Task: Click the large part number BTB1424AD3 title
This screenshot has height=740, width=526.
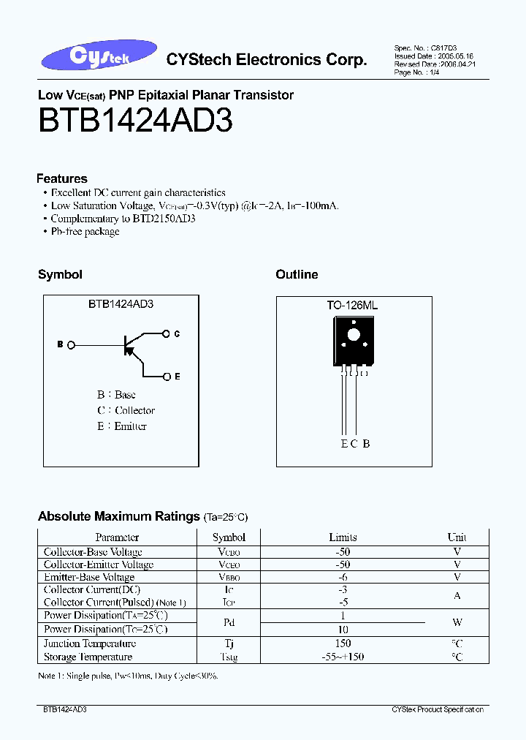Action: click(135, 121)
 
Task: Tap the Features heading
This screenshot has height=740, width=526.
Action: click(62, 178)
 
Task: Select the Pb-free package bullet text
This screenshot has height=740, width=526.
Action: click(85, 232)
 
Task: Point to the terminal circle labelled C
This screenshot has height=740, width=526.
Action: click(167, 333)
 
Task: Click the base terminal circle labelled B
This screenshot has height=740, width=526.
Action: click(70, 344)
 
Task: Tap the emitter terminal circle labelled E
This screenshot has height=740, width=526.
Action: click(167, 377)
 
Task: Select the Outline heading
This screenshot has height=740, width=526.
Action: click(297, 275)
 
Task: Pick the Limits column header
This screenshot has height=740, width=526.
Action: click(343, 537)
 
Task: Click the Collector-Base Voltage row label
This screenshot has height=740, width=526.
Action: click(93, 552)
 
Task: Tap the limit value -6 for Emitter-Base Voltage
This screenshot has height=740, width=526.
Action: click(343, 577)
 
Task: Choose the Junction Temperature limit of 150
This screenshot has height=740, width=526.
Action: click(343, 643)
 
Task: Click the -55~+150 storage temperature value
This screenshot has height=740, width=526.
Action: click(343, 657)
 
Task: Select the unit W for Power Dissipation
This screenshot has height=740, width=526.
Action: click(457, 622)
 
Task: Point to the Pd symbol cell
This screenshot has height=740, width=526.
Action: click(229, 622)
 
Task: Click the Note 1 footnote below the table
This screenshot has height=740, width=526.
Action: click(128, 676)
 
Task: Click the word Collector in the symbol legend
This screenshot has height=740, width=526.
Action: click(135, 411)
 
